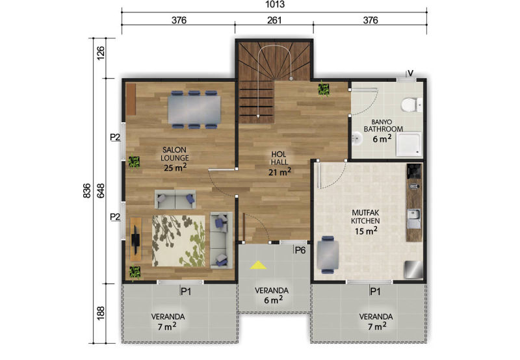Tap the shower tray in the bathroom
[409, 144]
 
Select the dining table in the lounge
[194, 109]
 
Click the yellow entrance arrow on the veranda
[258, 264]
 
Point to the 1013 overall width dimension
[275, 5]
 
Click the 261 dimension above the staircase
[274, 20]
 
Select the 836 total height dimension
[86, 190]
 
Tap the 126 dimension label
[101, 53]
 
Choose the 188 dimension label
[101, 313]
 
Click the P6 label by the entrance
[300, 250]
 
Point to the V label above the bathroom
[411, 73]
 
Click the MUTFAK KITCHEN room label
[365, 217]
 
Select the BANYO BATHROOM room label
[383, 125]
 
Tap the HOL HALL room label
[279, 158]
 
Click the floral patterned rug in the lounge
[179, 241]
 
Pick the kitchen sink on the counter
[414, 218]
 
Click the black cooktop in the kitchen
[414, 171]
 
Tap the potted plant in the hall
[324, 89]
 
